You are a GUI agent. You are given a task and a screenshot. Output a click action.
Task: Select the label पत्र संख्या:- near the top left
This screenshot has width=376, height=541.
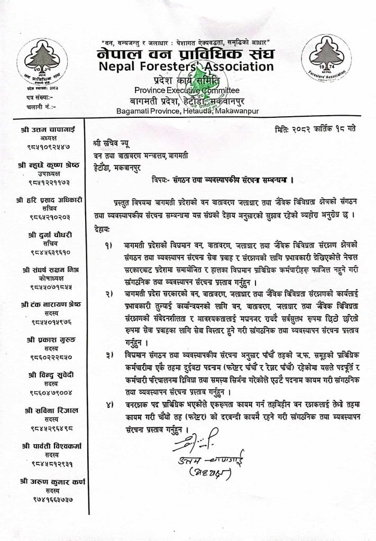point(25,98)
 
